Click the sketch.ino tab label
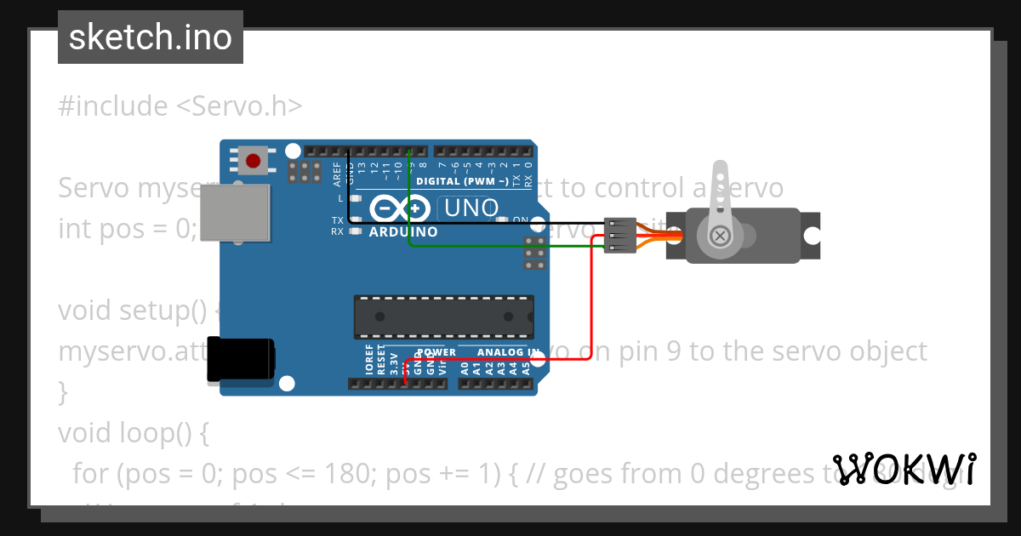click(x=150, y=37)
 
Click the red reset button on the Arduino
click(x=253, y=160)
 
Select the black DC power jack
click(x=242, y=358)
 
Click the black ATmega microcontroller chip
click(x=443, y=316)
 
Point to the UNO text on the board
click(x=468, y=208)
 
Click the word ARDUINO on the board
click(x=403, y=231)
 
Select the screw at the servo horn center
click(x=720, y=235)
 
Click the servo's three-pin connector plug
click(x=620, y=235)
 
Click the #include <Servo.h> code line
click(x=180, y=106)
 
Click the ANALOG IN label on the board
click(x=508, y=351)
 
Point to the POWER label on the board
click(x=436, y=351)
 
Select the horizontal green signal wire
click(x=502, y=247)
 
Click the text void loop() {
click(x=133, y=433)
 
